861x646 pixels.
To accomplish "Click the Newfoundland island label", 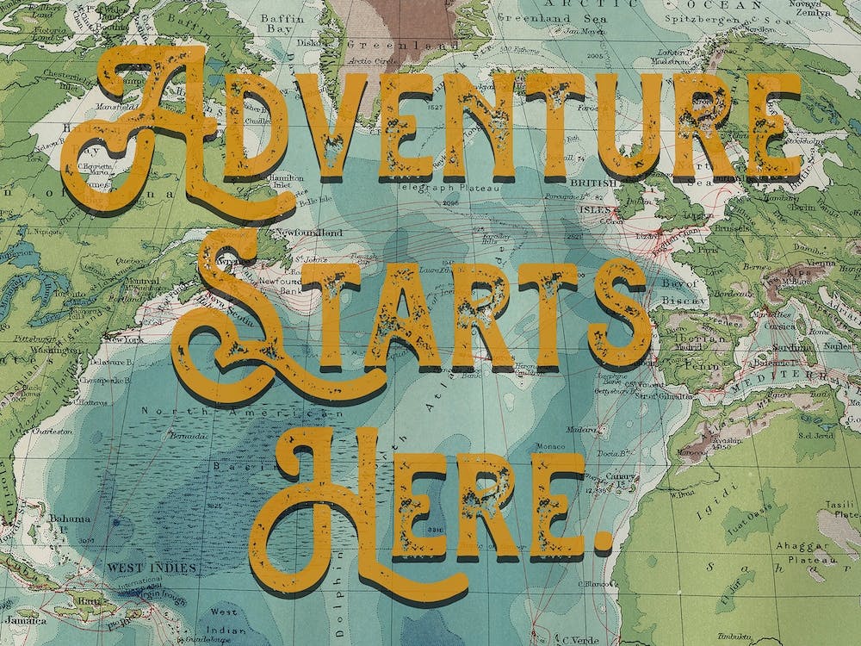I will (307, 233).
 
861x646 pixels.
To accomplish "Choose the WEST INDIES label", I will (152, 568).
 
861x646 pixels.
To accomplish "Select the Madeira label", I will (581, 427).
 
